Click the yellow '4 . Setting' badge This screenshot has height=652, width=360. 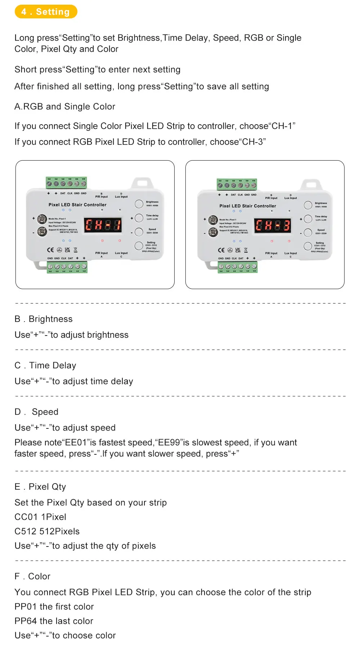[46, 12]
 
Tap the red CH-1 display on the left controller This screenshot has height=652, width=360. [103, 225]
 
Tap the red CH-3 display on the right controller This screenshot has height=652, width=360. [273, 226]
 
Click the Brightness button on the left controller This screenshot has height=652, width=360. [139, 204]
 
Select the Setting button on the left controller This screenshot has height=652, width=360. [139, 246]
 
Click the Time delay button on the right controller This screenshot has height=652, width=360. [308, 219]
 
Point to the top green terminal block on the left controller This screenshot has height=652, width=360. [67, 183]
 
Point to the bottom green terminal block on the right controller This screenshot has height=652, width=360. [238, 267]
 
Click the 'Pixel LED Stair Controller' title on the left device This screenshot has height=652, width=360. [77, 204]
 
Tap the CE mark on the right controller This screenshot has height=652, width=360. [221, 250]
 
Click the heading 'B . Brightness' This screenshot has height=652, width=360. [44, 319]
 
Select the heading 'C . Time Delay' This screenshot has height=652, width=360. [45, 365]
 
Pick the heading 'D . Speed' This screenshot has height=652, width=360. [36, 412]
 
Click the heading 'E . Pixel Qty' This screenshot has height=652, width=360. [40, 487]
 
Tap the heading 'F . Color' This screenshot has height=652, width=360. [32, 576]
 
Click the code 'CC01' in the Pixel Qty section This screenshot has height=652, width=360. [26, 517]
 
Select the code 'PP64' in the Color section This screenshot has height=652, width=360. [26, 621]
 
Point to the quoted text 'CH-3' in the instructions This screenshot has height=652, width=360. [252, 142]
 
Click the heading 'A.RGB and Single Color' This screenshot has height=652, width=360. [65, 107]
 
